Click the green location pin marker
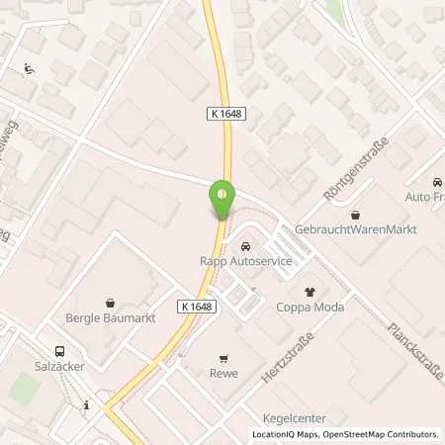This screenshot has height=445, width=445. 222,200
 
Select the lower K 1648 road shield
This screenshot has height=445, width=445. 196,307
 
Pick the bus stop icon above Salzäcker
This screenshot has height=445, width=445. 59,350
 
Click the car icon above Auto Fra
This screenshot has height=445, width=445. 437,183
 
